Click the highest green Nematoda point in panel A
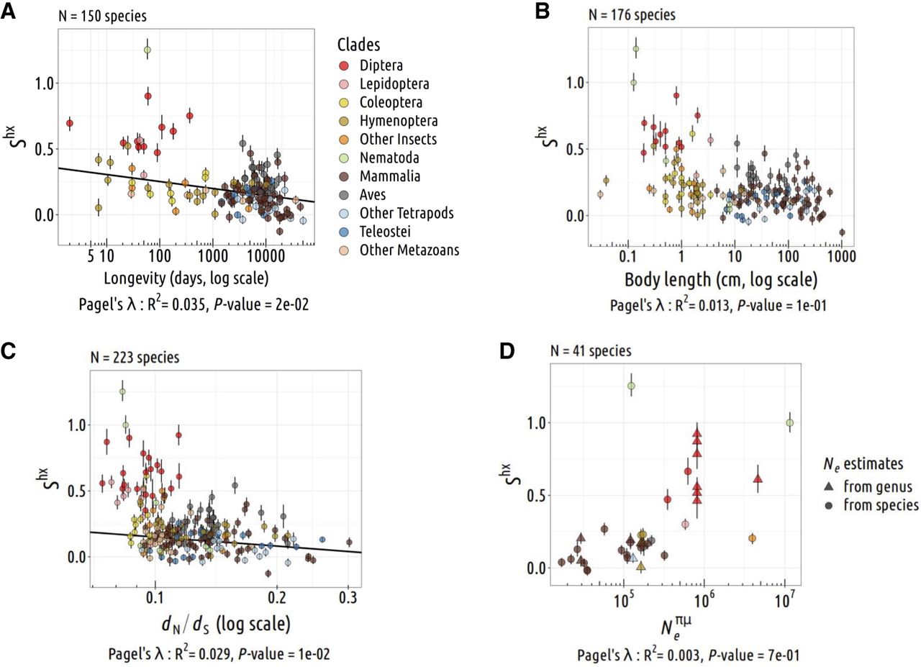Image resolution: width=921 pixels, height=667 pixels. pyautogui.click(x=148, y=50)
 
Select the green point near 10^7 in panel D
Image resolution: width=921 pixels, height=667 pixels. pyautogui.click(x=789, y=422)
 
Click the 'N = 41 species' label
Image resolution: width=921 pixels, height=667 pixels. pyautogui.click(x=590, y=352)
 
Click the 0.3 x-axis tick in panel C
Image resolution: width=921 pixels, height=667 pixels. pyautogui.click(x=348, y=596)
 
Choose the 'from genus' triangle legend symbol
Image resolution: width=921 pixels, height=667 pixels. pyautogui.click(x=831, y=486)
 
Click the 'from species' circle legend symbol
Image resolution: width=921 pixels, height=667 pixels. pyautogui.click(x=831, y=505)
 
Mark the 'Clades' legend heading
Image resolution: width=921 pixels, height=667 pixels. pyautogui.click(x=360, y=45)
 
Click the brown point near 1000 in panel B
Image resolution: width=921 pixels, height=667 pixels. pyautogui.click(x=842, y=232)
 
